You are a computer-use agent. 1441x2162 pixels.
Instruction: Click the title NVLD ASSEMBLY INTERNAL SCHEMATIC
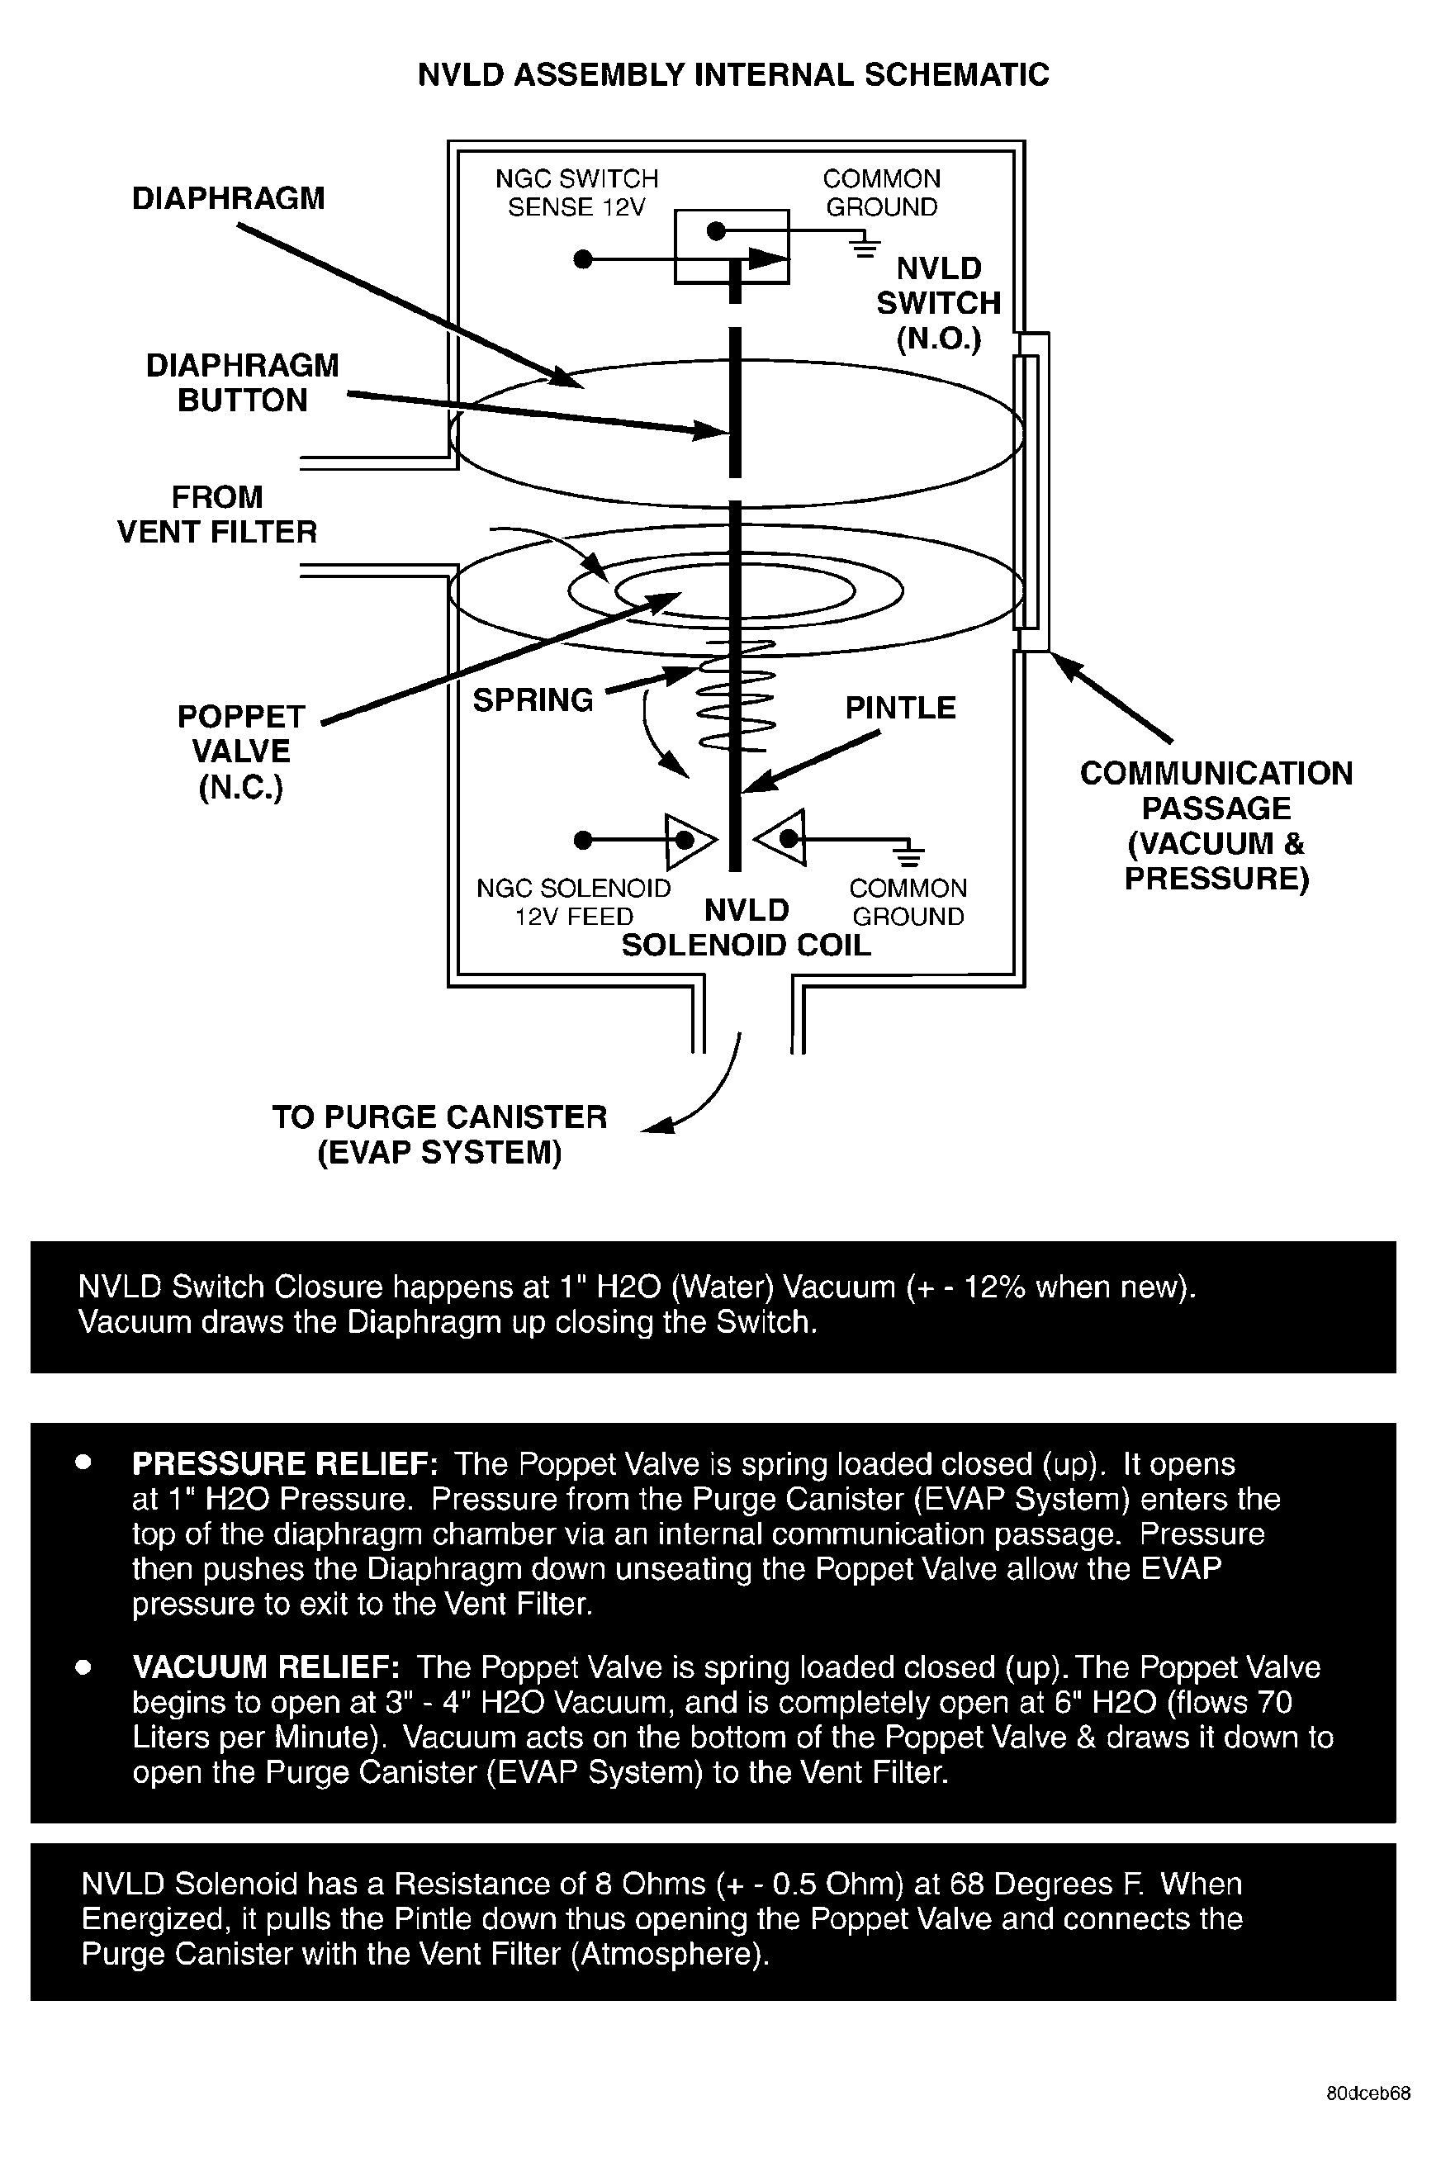click(x=732, y=74)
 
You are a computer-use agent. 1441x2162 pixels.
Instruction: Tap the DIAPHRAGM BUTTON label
click(x=242, y=382)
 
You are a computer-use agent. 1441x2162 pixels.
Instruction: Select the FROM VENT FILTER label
click(x=217, y=514)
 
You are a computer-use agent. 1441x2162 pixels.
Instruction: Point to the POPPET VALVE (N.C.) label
click(x=241, y=751)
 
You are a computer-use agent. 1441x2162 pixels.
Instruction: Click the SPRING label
click(x=533, y=700)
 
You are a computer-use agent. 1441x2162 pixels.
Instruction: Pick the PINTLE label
click(x=900, y=708)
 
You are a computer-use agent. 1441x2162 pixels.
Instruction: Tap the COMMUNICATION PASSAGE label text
click(x=1216, y=825)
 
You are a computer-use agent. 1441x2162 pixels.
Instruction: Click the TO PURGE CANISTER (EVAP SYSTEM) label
click(x=439, y=1134)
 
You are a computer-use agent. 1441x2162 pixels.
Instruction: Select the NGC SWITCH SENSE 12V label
click(x=576, y=192)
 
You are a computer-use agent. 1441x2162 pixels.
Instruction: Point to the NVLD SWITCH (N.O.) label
click(x=938, y=303)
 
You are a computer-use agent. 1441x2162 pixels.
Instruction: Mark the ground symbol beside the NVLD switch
click(x=864, y=246)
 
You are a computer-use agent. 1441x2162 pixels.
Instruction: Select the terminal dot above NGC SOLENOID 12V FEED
click(x=581, y=840)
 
